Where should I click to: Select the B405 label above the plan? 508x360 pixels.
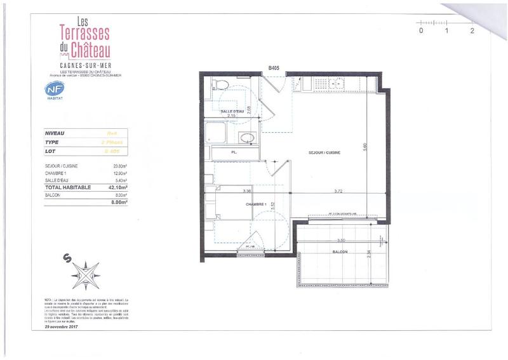[x=274, y=67]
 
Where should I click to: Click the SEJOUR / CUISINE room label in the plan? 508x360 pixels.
[x=325, y=153]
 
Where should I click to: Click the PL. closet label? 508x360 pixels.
[x=234, y=153]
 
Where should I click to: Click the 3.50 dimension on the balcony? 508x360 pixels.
[x=341, y=241]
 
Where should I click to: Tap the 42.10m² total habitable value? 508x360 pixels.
[x=118, y=187]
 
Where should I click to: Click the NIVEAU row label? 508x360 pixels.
[x=55, y=133]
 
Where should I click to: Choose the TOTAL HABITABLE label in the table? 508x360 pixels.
[x=69, y=187]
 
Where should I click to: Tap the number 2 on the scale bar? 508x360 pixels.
[x=472, y=30]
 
